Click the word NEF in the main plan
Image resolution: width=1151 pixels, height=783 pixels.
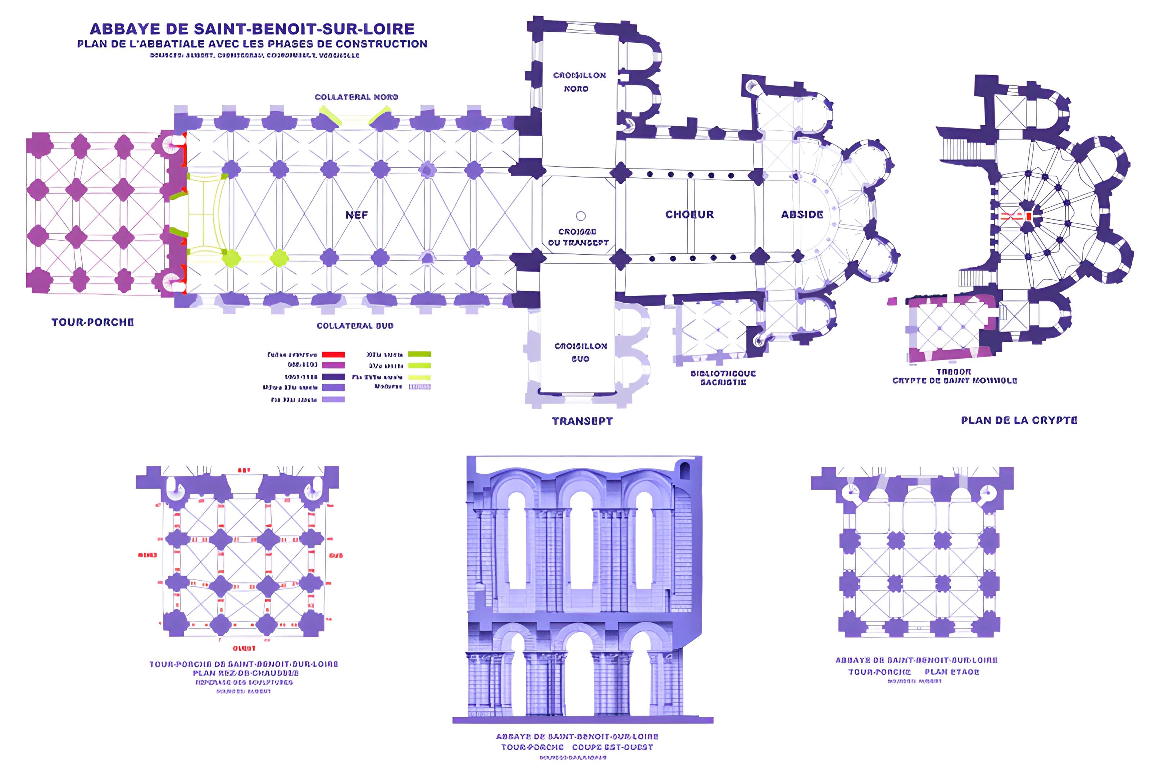[356, 215]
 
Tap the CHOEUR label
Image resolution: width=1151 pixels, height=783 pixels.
[690, 214]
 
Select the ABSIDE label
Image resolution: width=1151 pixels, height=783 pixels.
[802, 214]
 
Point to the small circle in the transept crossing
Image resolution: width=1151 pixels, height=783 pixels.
[581, 216]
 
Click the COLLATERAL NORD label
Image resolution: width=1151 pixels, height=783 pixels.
[356, 97]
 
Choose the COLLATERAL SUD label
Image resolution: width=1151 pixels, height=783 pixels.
[355, 326]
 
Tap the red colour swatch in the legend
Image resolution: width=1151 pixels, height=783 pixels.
[333, 354]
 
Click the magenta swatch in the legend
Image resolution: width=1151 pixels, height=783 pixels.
[333, 365]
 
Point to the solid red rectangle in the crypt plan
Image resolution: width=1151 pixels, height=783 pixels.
[1029, 216]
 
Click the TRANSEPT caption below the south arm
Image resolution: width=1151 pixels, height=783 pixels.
[582, 421]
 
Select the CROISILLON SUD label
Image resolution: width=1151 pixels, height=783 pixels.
[581, 352]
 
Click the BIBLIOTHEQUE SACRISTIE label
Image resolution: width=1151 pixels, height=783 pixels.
[723, 377]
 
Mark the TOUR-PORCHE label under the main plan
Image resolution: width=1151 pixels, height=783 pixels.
[92, 322]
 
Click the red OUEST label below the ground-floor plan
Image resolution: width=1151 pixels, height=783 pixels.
[244, 648]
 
